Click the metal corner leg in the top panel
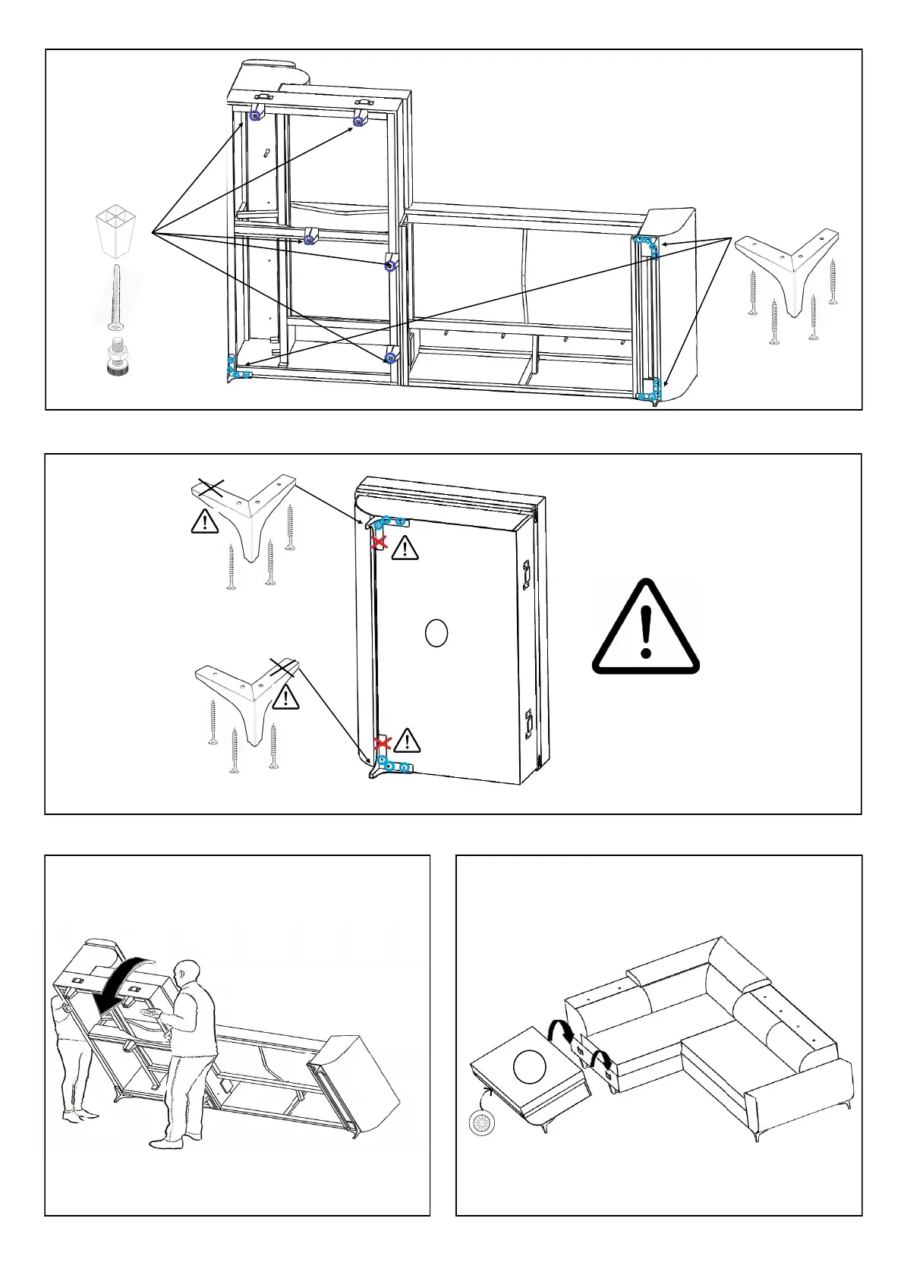tap(788, 266)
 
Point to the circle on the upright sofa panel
tap(436, 633)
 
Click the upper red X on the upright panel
tap(379, 543)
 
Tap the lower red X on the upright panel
tap(382, 742)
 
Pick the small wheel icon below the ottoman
tap(480, 1124)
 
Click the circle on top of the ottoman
tap(529, 1067)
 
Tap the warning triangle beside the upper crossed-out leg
tap(205, 521)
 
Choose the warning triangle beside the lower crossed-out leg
tap(286, 697)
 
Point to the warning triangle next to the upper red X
tap(405, 547)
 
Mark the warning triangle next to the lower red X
tap(407, 741)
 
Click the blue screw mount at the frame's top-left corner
tap(255, 115)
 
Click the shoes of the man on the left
tap(79, 1115)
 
